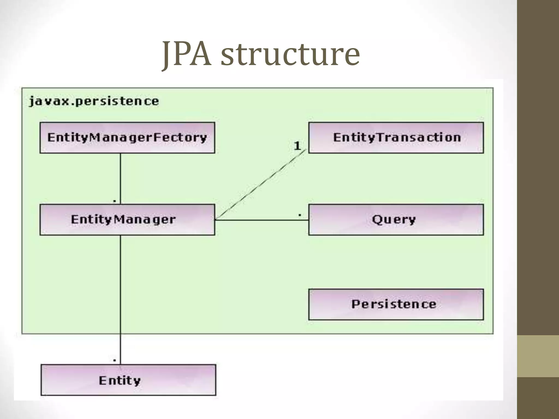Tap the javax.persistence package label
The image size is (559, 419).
(94, 101)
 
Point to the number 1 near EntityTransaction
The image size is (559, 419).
(297, 146)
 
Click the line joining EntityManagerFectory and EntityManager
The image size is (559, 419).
(120, 177)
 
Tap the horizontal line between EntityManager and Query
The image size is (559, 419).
(262, 220)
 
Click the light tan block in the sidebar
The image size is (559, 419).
(538, 356)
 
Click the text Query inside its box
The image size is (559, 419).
(394, 220)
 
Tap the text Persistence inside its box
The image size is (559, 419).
(394, 304)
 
